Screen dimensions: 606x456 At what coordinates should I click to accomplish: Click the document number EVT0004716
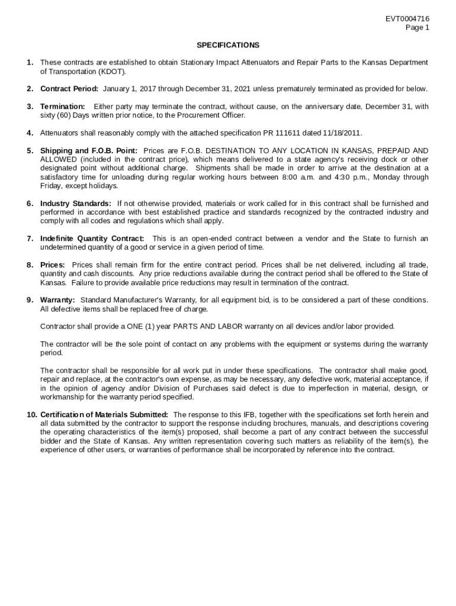pos(407,19)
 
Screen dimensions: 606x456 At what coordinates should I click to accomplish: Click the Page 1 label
pos(418,27)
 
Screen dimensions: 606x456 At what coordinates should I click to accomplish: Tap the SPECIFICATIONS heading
pos(228,45)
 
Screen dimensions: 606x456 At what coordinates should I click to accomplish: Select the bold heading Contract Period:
pos(69,89)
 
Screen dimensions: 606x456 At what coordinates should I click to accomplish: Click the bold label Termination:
pos(62,107)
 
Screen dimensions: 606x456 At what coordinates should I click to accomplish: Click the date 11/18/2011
pos(343,133)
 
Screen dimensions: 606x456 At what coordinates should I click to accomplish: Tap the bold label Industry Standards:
pos(76,204)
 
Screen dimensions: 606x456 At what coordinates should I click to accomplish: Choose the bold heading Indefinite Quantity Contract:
pos(92,238)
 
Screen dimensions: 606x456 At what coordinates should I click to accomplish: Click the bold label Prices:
pos(52,265)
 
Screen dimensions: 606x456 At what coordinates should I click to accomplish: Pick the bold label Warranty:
pos(57,300)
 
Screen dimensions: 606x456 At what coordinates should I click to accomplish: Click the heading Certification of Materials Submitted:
pos(104,414)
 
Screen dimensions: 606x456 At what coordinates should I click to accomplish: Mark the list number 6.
pos(30,204)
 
